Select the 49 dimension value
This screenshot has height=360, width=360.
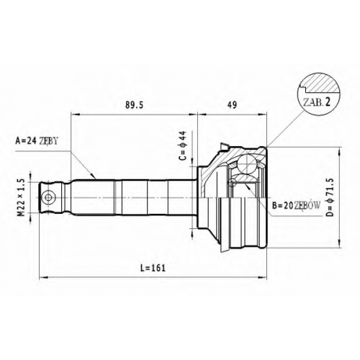pos(232,105)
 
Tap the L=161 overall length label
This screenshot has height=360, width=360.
pos(153,268)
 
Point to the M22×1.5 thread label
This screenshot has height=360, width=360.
pos(22,197)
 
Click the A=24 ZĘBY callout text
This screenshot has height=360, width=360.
pos(37,141)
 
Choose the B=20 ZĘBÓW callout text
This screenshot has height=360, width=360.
pos(296,205)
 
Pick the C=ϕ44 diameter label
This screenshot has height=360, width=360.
pos(183,145)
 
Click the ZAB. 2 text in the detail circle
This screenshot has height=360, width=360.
pos(316,102)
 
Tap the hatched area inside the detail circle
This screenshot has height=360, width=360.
pos(322,84)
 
